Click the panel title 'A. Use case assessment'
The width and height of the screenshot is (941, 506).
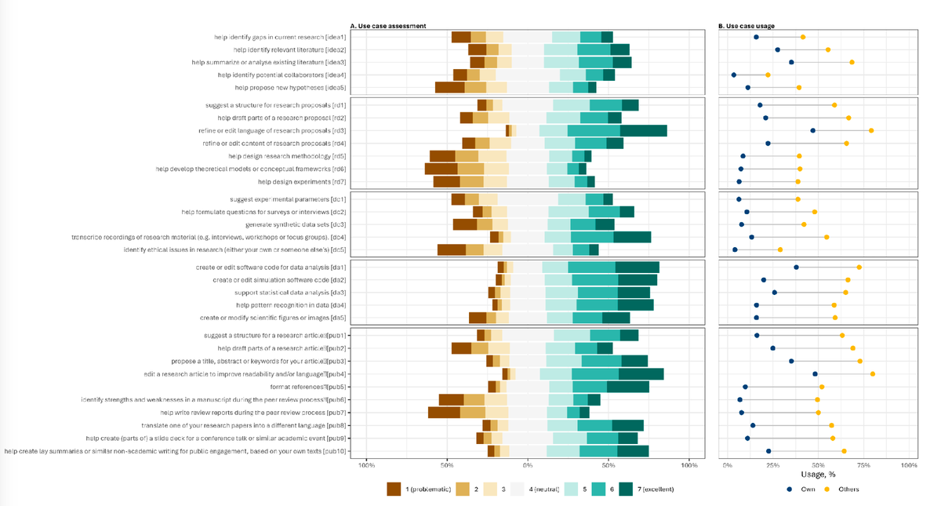coord(387,26)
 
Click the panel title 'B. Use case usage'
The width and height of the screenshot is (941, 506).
coord(747,26)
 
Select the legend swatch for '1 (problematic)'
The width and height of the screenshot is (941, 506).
coord(394,489)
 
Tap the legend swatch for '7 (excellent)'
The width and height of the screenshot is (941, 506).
coord(627,489)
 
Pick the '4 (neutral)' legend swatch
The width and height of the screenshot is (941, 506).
coord(518,489)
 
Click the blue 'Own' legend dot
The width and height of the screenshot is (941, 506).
coord(790,489)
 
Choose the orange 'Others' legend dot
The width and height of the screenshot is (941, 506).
coord(827,489)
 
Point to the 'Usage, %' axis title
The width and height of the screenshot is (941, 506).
coord(818,474)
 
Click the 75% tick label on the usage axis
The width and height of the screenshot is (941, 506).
coord(864,465)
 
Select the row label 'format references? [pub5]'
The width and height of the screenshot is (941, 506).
coord(309,387)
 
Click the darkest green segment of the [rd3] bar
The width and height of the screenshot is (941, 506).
coord(643,130)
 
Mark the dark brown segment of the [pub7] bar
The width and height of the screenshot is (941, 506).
coord(444,413)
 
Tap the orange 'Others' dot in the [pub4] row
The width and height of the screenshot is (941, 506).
coord(872,374)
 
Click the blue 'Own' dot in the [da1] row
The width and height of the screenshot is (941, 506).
coord(796,267)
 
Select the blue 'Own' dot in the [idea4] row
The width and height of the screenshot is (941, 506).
coord(734,75)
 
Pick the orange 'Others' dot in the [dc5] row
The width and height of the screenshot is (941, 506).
coord(779,249)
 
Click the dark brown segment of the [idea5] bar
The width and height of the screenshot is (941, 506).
coord(450,88)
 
